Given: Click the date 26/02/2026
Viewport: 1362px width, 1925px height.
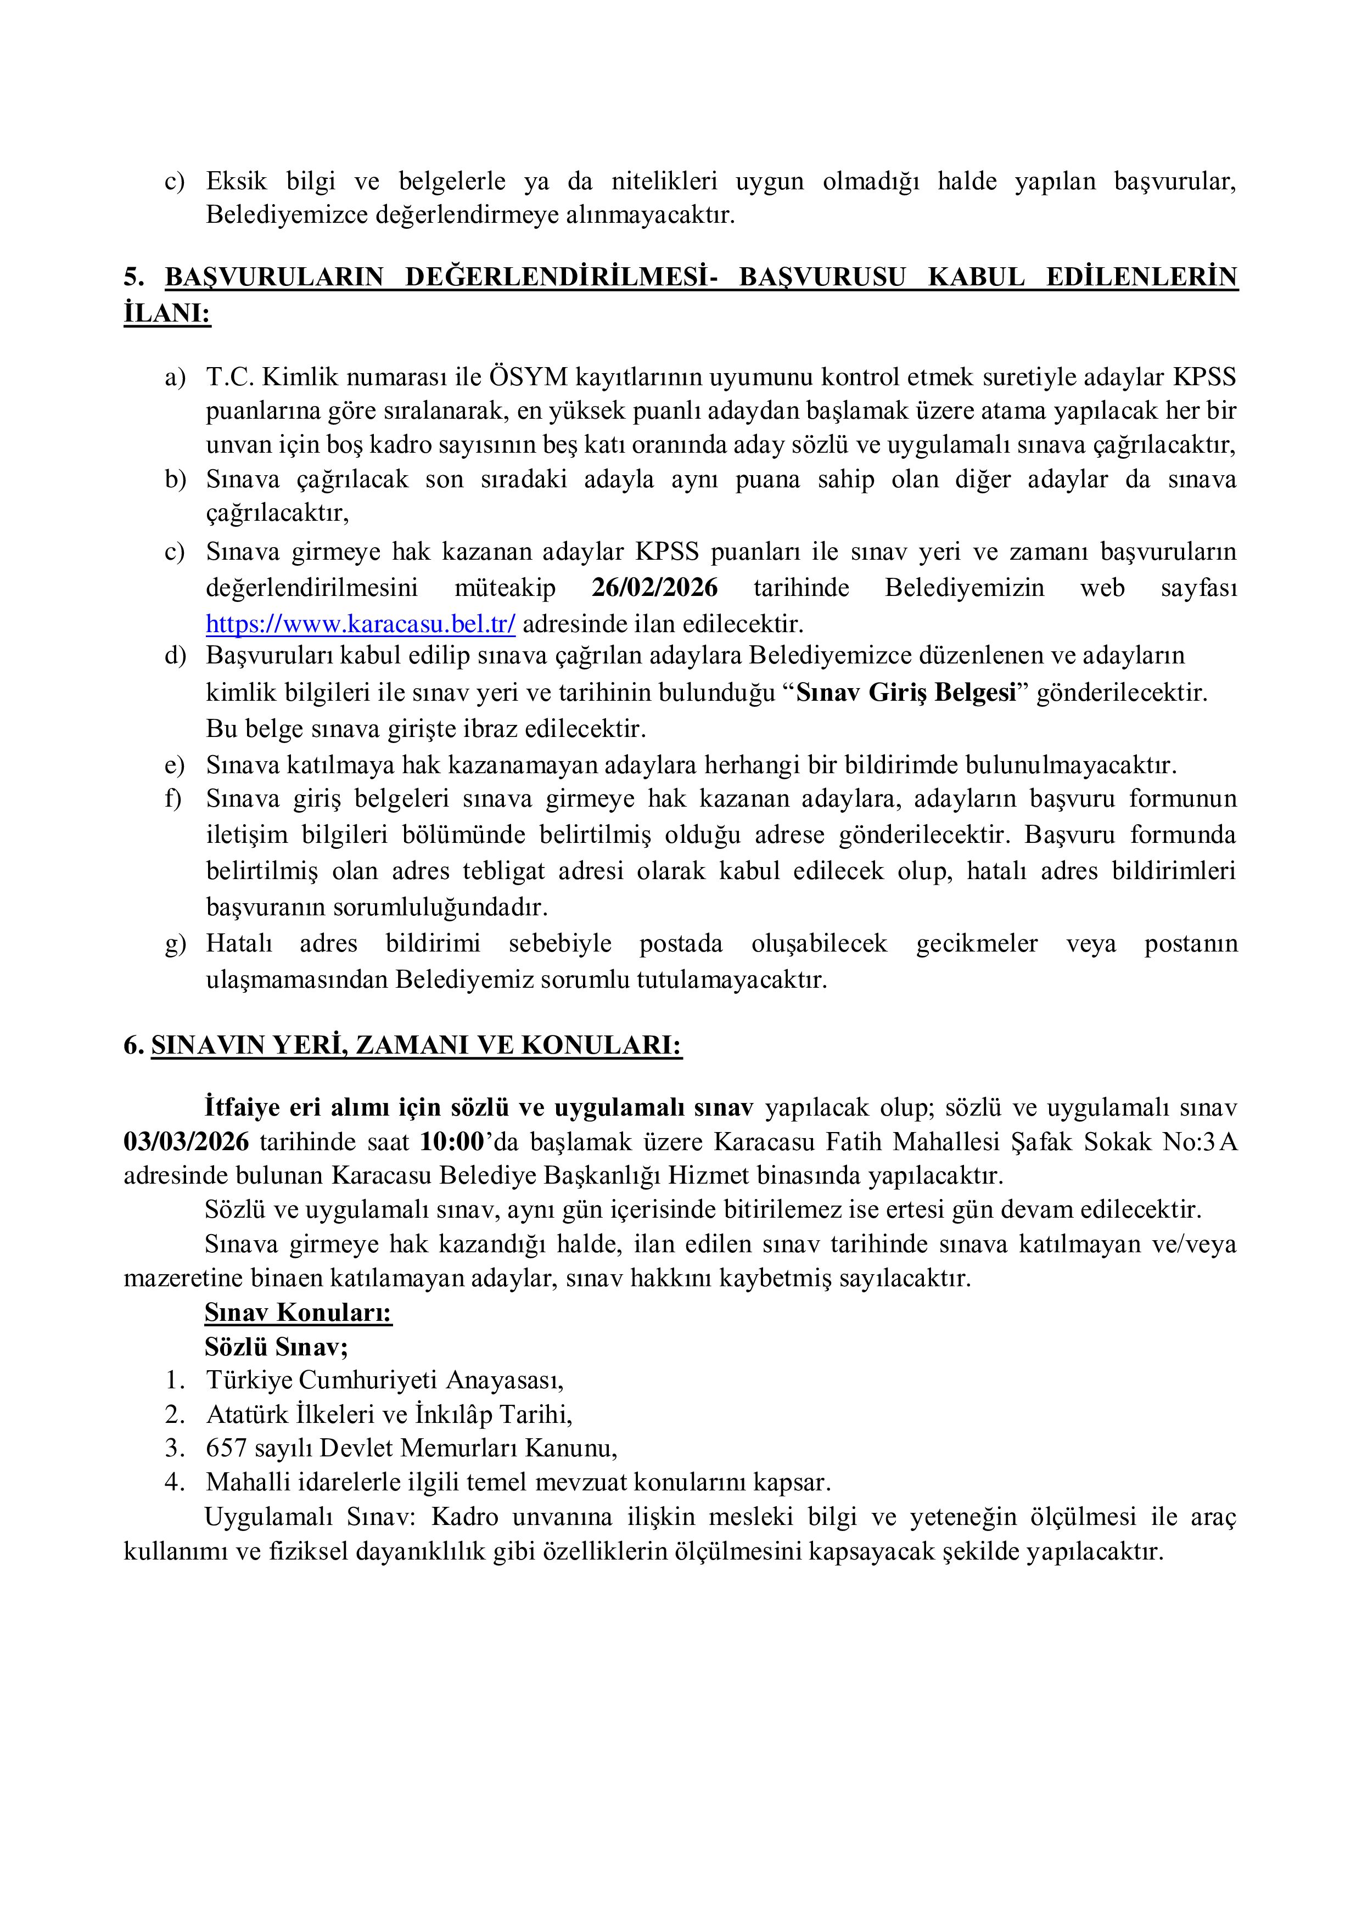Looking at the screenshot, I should tap(654, 588).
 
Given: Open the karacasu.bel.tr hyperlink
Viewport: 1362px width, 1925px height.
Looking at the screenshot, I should tap(361, 624).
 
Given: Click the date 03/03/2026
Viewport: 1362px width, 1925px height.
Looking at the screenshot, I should tap(186, 1142).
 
